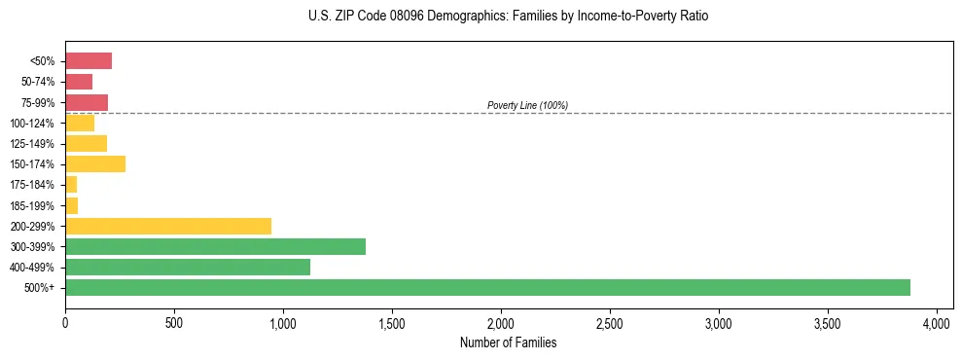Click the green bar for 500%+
[487, 287]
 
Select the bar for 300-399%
[215, 246]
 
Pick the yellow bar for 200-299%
[168, 226]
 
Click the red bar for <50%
[89, 61]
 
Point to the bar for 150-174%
[95, 163]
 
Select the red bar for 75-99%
[87, 102]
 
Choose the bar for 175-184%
[71, 184]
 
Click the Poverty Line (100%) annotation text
[527, 105]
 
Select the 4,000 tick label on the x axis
[937, 322]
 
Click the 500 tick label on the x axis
[174, 322]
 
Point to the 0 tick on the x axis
[65, 322]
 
